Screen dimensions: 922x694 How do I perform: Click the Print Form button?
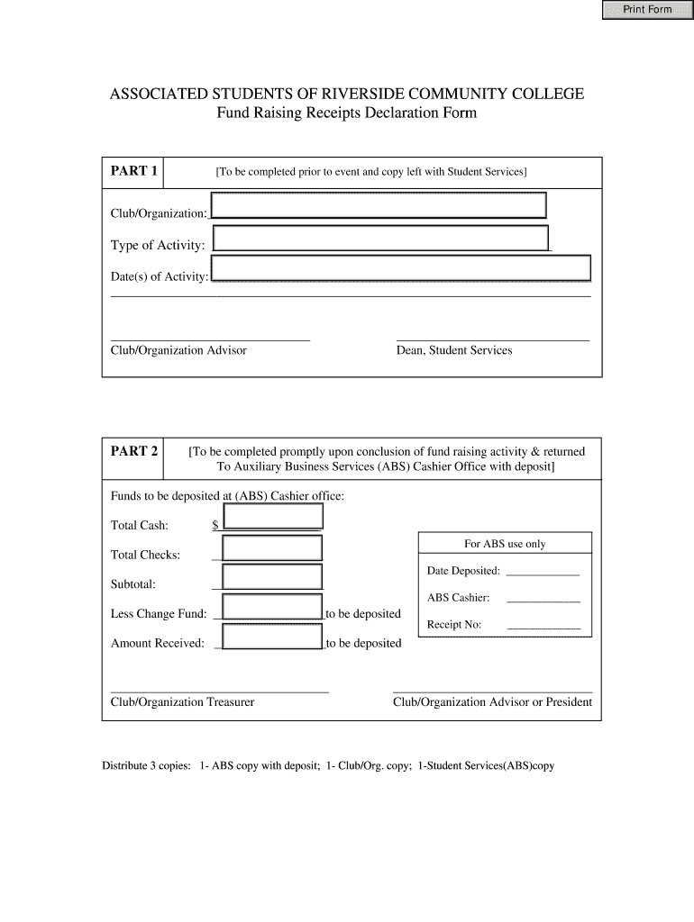click(648, 10)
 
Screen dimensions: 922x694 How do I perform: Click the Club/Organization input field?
click(379, 205)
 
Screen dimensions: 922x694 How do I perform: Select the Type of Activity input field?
click(381, 239)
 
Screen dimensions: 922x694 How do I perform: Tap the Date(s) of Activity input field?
click(401, 269)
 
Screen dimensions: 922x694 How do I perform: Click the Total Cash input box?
click(272, 517)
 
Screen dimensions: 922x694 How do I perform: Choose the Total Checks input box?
click(272, 548)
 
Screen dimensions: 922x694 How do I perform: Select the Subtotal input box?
click(272, 578)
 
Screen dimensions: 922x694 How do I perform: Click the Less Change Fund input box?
click(272, 607)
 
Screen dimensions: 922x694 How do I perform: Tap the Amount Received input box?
click(272, 637)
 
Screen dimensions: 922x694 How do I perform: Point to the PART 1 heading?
click(134, 171)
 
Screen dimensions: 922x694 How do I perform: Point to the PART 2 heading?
click(134, 451)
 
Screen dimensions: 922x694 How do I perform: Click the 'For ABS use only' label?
click(505, 544)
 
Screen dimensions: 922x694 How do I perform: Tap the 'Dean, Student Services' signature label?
click(454, 350)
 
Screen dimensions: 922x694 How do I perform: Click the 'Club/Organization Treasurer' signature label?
click(182, 702)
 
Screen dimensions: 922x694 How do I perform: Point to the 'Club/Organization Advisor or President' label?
click(492, 702)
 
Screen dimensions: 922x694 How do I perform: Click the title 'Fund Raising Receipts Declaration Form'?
click(346, 113)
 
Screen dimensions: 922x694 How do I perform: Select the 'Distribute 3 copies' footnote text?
click(328, 766)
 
